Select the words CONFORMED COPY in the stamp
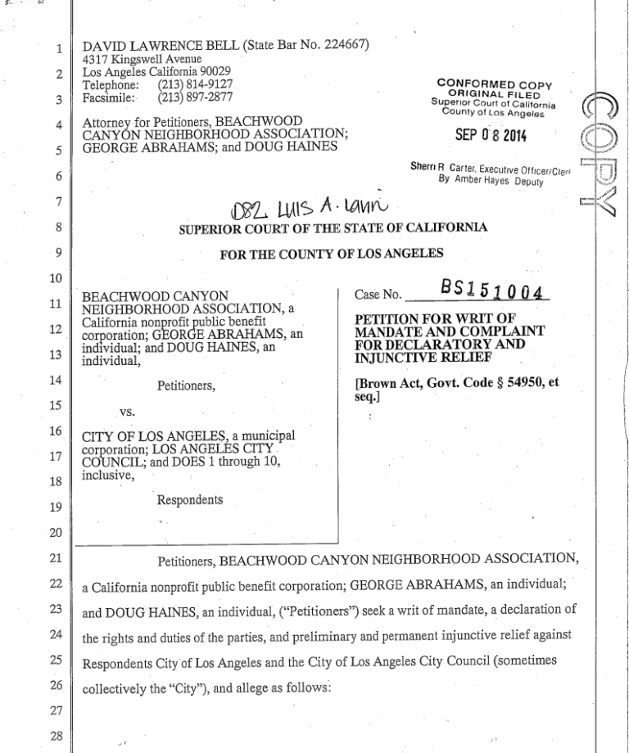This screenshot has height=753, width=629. tap(495, 83)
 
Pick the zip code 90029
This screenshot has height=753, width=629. tap(215, 71)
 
